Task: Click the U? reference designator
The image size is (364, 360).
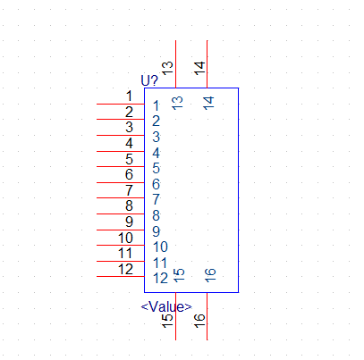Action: pos(149,80)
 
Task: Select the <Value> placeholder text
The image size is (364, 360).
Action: pos(166,306)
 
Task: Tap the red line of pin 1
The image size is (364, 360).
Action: pos(121,104)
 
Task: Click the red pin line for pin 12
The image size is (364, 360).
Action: pos(121,277)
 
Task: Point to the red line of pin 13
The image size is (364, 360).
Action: pos(176,64)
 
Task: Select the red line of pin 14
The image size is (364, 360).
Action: pos(207,64)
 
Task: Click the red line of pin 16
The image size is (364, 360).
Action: pos(207,316)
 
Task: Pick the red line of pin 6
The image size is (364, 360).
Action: pos(121,182)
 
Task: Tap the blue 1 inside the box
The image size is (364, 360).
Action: pos(156,106)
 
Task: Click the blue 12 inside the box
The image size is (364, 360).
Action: pos(161,279)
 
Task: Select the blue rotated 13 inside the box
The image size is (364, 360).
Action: pos(177,103)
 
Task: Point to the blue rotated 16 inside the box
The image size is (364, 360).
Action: pos(210,275)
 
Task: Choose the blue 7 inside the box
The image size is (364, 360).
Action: pos(157,199)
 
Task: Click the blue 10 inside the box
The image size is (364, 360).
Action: pos(161,247)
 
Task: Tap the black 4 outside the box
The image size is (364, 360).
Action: pos(129,143)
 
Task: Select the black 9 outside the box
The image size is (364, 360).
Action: pos(129,222)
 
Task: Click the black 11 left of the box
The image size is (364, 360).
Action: pos(125,253)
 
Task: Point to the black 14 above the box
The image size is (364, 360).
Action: pos(199,68)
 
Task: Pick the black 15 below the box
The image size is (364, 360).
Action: pos(167,321)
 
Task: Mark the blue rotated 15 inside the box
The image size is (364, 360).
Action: pos(179,275)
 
